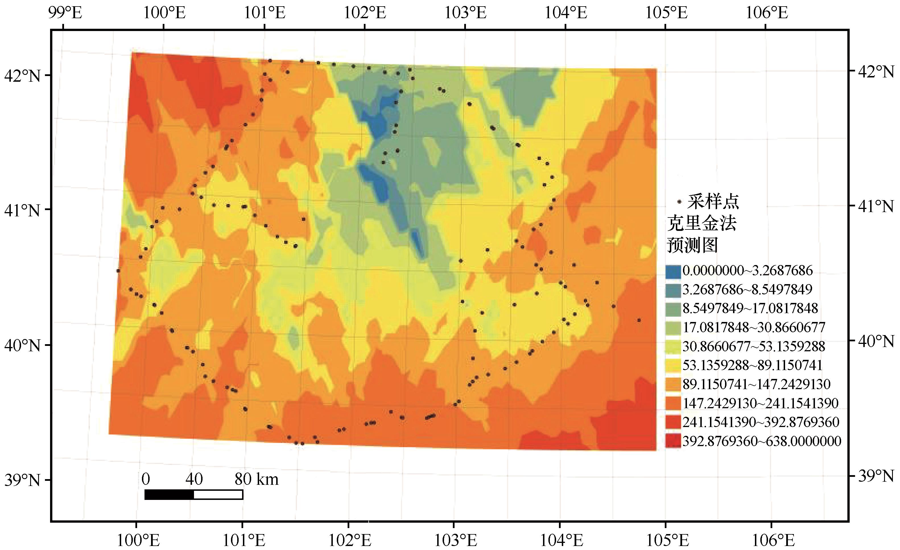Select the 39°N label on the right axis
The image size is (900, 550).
[x=876, y=476]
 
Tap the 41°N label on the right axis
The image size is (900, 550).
[x=876, y=206]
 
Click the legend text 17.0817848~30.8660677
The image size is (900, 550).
[x=754, y=327]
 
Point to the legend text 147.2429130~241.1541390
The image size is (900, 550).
[x=760, y=403]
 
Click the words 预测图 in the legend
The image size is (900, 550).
[x=692, y=245]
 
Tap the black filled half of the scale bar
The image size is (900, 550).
[x=169, y=494]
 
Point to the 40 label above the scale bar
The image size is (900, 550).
[x=194, y=479]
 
